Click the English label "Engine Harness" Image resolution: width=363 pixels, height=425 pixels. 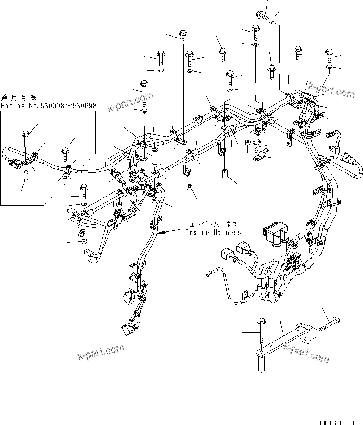point(213,232)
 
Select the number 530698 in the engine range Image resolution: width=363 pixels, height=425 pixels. point(83,106)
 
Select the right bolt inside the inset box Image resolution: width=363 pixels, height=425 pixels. point(65,153)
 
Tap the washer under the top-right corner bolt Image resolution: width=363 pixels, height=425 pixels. point(329,68)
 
